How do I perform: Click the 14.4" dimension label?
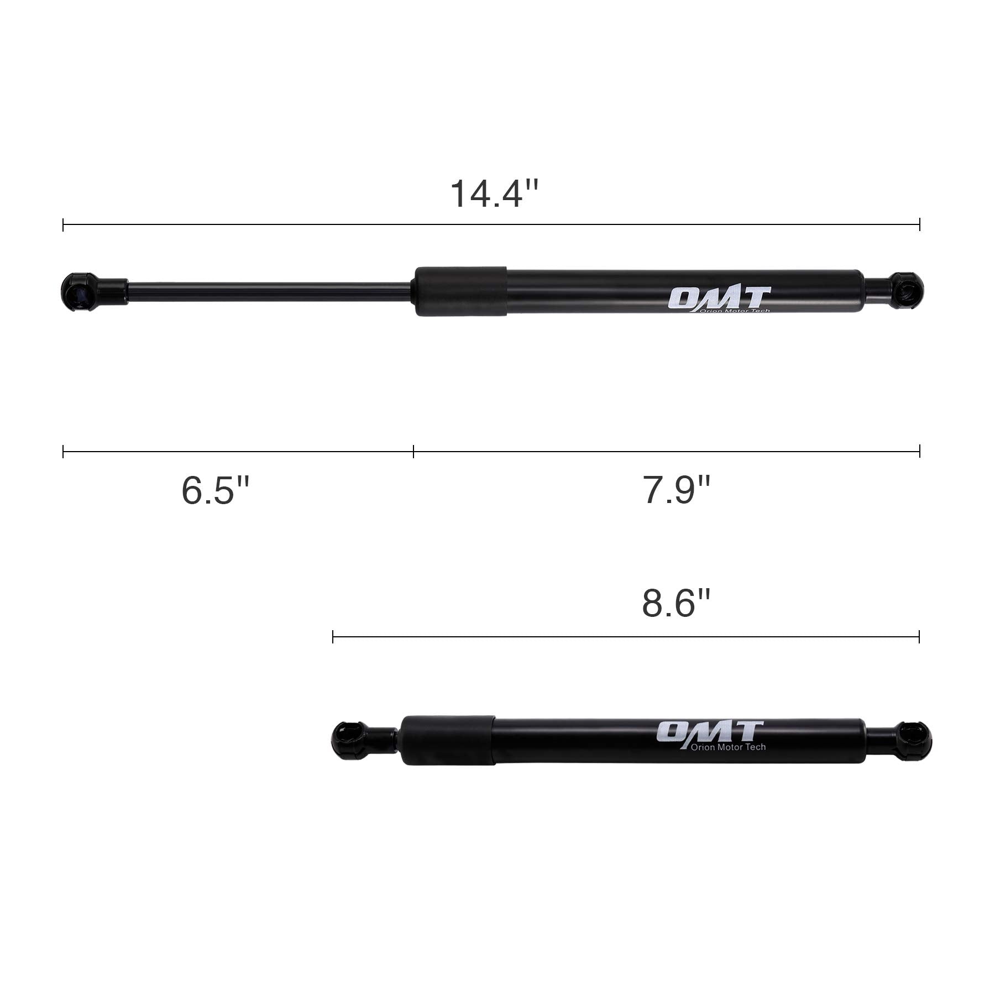coord(494,193)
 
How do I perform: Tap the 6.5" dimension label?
coord(216,490)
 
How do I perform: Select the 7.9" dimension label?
coord(676,490)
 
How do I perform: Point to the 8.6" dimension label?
coord(675,604)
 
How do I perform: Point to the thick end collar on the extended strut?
coord(460,291)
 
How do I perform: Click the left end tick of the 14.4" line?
coord(64,224)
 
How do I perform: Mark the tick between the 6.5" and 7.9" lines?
coord(413,452)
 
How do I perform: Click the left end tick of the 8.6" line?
coord(333,637)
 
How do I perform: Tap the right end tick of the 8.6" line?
coord(919,637)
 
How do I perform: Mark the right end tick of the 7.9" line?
coord(920,452)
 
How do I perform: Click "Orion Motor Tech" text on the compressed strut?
coord(728,747)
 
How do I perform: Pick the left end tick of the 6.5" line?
coord(64,452)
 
